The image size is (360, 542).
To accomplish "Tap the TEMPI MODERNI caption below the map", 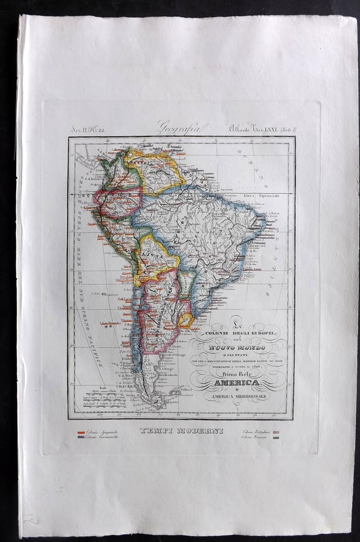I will point(181,431).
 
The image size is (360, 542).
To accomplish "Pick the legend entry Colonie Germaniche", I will point(101,437).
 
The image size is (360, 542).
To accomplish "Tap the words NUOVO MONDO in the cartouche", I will point(237,347).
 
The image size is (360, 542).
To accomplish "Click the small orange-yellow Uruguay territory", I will point(186,320).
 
